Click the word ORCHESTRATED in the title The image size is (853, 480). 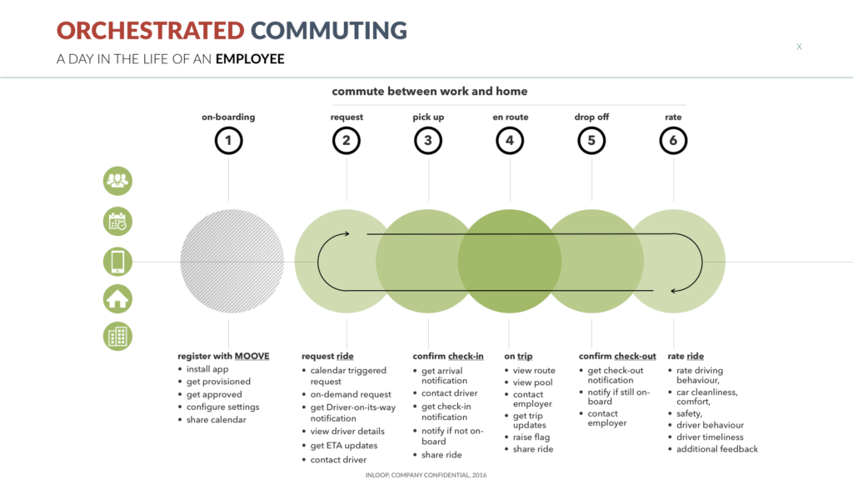click(x=151, y=31)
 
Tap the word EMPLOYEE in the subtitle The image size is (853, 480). click(x=250, y=59)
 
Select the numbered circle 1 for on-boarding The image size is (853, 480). click(x=228, y=140)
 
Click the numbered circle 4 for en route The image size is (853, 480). click(x=510, y=140)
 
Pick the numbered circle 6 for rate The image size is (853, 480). click(x=673, y=140)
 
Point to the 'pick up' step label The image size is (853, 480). click(x=428, y=117)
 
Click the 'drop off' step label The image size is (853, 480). click(x=591, y=117)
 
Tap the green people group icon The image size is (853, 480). click(x=117, y=181)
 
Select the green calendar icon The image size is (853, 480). click(x=117, y=222)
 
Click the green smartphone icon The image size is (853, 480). click(x=117, y=261)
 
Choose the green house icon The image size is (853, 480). click(x=117, y=299)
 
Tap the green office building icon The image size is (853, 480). click(x=117, y=336)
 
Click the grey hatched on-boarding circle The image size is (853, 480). click(x=232, y=261)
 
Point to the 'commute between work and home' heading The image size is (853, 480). click(x=430, y=92)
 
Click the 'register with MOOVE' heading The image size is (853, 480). click(x=223, y=356)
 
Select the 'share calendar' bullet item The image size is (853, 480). click(x=216, y=420)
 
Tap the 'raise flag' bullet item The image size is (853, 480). click(x=531, y=437)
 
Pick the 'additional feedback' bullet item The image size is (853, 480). click(x=717, y=449)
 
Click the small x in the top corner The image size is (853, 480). click(x=799, y=47)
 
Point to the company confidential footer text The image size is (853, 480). click(x=426, y=475)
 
